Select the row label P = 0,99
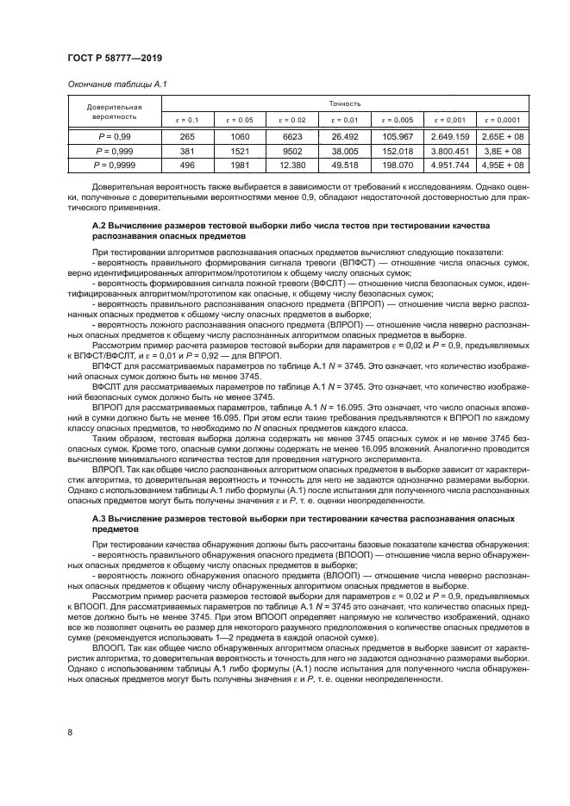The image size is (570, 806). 114,136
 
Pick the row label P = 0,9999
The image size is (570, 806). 114,165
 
